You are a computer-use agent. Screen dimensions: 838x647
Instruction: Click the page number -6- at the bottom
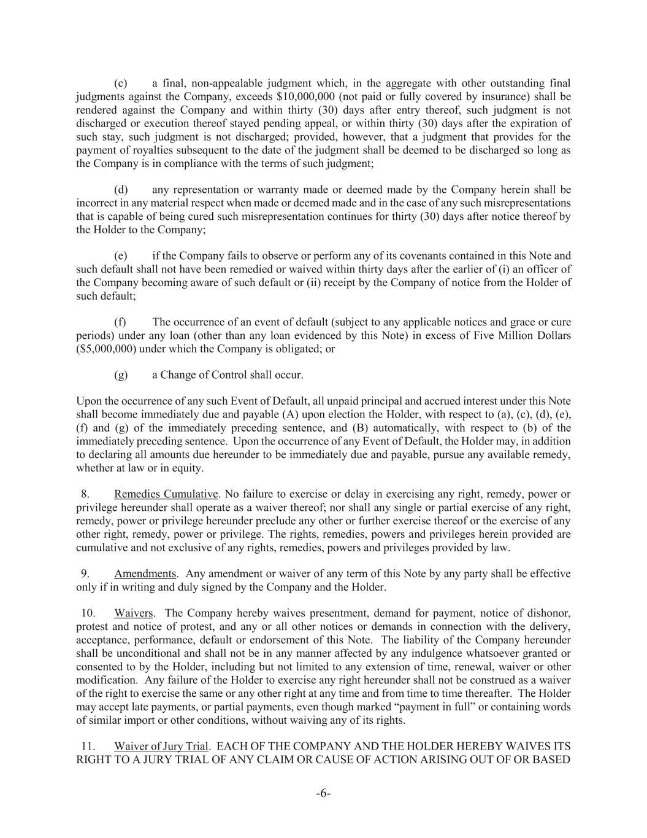[x=323, y=794]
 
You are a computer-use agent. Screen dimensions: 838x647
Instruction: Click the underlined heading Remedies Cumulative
[x=166, y=494]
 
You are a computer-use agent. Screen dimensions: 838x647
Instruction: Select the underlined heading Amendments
[x=145, y=574]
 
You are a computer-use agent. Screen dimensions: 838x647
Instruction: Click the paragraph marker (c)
[x=121, y=83]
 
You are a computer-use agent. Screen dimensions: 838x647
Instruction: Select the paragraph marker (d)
[x=121, y=190]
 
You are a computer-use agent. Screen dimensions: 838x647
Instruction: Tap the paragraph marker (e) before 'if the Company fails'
[x=121, y=256]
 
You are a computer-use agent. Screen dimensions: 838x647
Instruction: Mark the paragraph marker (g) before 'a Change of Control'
[x=121, y=375]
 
